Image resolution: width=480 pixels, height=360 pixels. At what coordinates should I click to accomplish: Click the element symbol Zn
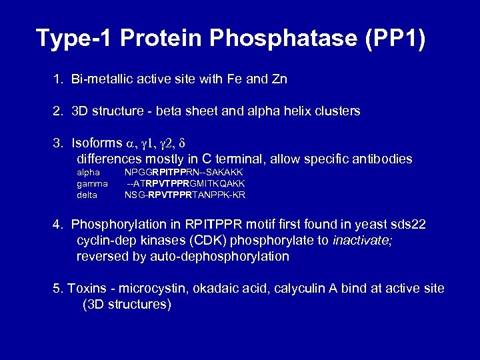click(279, 79)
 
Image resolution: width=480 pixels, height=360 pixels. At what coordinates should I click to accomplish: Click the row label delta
click(87, 195)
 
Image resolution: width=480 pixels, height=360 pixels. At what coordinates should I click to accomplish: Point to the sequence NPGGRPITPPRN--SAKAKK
click(183, 173)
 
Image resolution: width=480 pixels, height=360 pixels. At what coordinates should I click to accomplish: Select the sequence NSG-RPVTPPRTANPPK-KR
click(185, 195)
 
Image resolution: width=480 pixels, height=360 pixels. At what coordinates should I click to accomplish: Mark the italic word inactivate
click(362, 241)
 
